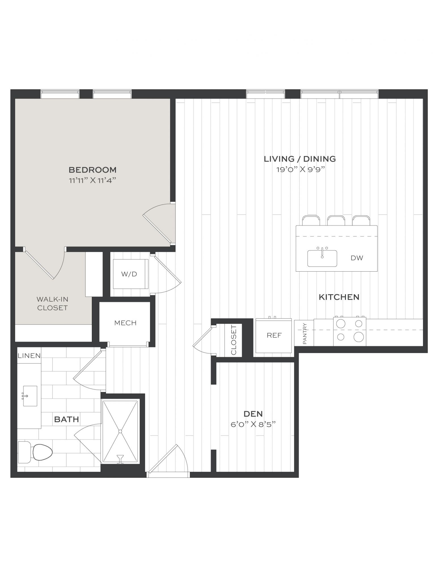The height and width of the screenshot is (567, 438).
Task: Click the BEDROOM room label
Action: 92,170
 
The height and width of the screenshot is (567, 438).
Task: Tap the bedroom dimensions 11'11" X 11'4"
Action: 93,180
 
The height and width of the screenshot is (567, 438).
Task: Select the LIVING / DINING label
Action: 300,159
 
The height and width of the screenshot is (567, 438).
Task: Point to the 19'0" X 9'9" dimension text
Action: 300,170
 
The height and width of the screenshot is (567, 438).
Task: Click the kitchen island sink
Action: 322,258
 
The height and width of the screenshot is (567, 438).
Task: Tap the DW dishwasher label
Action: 357,258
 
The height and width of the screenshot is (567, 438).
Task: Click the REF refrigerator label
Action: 274,335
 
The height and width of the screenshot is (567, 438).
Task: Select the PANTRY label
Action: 305,333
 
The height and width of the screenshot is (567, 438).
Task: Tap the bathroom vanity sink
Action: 30,396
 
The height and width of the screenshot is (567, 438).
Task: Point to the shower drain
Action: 120,431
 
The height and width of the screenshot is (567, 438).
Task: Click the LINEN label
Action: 29,356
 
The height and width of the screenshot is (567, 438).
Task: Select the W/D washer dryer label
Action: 129,274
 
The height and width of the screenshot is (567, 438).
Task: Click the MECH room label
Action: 125,323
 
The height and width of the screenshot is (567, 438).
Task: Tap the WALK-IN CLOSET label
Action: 52,303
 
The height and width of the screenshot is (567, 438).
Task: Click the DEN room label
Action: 253,414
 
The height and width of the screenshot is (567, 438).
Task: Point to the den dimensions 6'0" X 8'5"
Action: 253,424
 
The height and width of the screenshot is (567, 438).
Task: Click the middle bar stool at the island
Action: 336,221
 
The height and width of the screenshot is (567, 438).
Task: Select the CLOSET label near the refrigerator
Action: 234,340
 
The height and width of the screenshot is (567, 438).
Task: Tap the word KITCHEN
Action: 339,297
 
